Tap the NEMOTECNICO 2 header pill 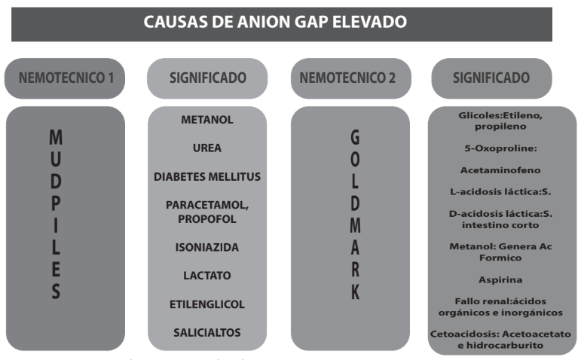click(x=345, y=78)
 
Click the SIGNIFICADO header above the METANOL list click(x=206, y=78)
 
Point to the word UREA click(x=206, y=148)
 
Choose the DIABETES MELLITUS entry click(x=206, y=176)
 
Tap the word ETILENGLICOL click(x=206, y=304)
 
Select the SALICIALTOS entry click(x=206, y=332)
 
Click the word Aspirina click(x=500, y=278)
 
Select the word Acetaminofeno click(x=500, y=169)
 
